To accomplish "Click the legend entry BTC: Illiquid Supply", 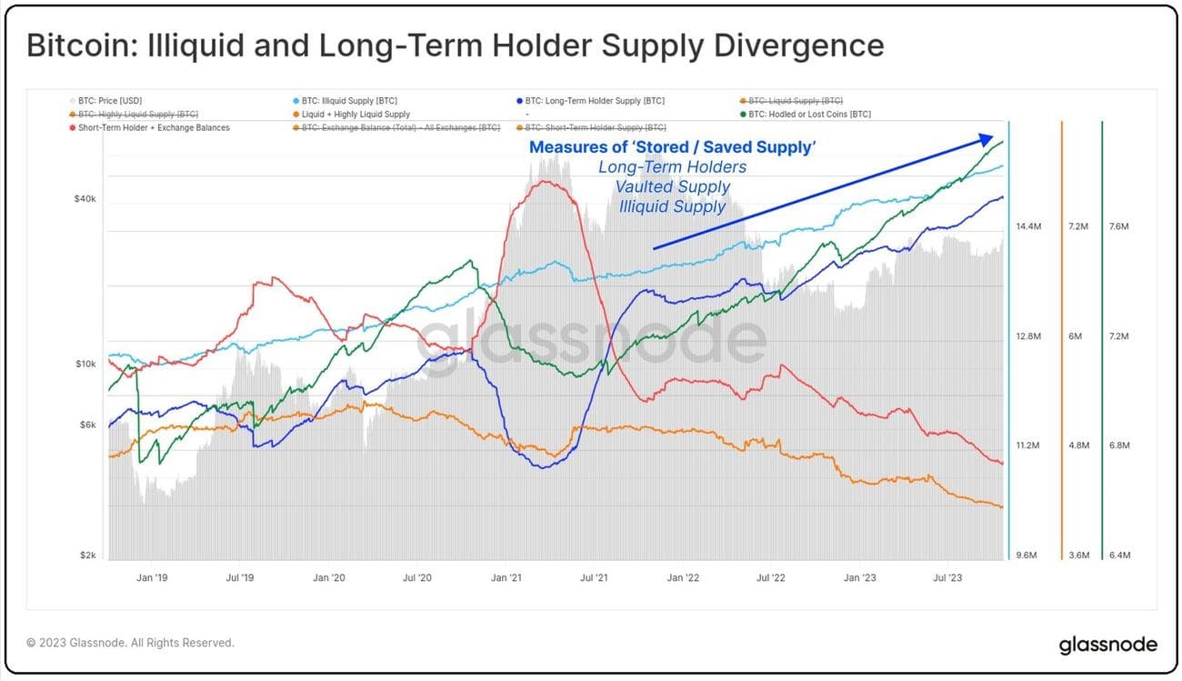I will coord(349,100).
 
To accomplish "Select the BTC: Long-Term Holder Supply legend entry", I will coord(595,100).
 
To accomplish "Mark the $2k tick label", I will coord(87,556).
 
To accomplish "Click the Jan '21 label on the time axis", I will coord(506,577).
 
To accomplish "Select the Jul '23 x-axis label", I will coord(948,577).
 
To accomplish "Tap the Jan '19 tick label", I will coord(151,577).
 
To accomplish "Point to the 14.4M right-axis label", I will coord(1027,226).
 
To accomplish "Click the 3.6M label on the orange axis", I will coord(1078,556).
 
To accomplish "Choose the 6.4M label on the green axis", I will coord(1119,556).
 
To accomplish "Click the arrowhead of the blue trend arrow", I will coord(986,138).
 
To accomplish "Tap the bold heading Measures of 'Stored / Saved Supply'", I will coord(672,147).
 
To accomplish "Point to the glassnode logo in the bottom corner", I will coord(1107,645).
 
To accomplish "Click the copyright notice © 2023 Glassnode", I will coord(130,643).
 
